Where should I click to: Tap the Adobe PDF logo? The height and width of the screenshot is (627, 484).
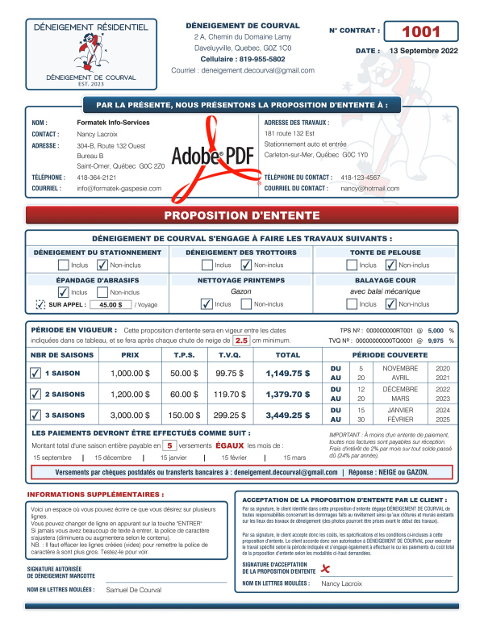[212, 156]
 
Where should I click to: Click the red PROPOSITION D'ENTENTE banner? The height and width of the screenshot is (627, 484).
[242, 215]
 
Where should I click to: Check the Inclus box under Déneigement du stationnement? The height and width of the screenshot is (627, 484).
[63, 265]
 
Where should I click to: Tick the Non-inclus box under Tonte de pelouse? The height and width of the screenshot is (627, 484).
[391, 265]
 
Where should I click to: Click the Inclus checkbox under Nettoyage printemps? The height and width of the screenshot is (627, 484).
[207, 304]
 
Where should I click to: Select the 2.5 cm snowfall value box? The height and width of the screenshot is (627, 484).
[241, 341]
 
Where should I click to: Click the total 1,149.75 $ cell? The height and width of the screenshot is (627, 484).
[288, 374]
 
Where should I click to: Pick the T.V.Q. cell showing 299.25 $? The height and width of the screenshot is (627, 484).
[232, 415]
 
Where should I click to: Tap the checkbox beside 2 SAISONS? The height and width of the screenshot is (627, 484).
[35, 395]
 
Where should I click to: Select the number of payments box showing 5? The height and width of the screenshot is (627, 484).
[169, 445]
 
